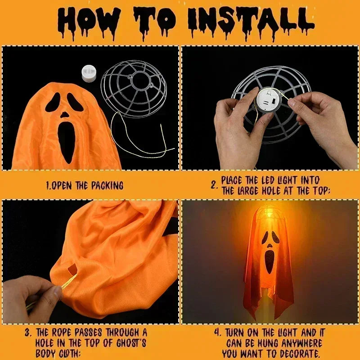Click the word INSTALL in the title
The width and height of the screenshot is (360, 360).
tap(250, 20)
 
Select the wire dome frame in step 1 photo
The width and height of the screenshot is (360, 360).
tap(134, 88)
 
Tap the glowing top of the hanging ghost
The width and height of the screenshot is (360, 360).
tap(269, 214)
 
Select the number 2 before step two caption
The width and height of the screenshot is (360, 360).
tap(215, 185)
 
